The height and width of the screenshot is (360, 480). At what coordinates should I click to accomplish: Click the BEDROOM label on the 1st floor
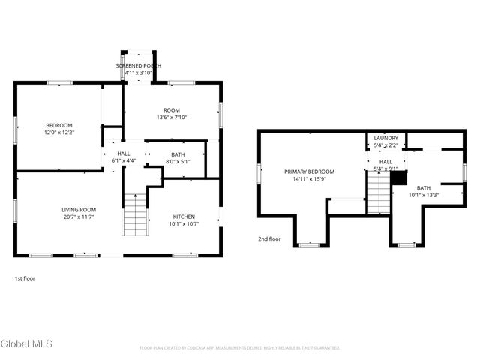(59, 125)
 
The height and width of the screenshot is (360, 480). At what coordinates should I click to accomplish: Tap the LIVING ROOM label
(79, 209)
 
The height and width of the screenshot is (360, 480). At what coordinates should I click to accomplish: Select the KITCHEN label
(183, 215)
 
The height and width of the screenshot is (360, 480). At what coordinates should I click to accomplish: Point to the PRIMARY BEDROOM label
(309, 172)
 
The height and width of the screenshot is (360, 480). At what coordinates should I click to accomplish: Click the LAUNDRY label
(385, 138)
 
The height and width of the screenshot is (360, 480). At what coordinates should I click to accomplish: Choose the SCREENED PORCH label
(138, 66)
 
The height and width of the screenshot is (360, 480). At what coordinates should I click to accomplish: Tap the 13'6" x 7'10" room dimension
(172, 118)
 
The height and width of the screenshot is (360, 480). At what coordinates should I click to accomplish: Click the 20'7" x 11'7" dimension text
(79, 217)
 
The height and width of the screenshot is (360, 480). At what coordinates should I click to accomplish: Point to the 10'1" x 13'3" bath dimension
(424, 196)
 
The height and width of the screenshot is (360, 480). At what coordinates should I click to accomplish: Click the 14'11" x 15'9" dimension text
(309, 179)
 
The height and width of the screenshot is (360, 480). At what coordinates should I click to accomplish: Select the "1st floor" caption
(25, 278)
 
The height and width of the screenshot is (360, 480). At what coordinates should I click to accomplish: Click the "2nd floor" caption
(269, 239)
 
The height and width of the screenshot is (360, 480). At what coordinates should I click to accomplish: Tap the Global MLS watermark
(27, 343)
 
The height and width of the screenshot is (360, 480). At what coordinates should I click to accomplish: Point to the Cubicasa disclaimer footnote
(240, 348)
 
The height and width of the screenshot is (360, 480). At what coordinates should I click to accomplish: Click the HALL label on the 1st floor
(124, 153)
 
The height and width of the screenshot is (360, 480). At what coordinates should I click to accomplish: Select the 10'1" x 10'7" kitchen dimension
(183, 223)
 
